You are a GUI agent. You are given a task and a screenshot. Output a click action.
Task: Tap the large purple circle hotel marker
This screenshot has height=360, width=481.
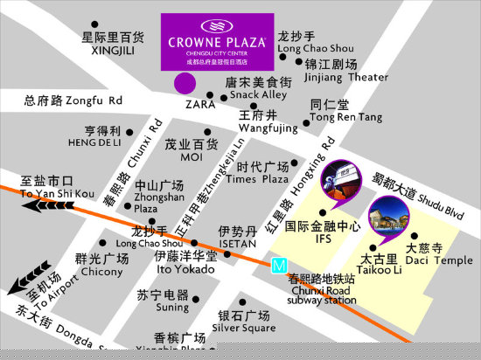pos(184,84)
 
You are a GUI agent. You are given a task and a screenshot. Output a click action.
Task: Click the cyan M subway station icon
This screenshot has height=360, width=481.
pos(280,264)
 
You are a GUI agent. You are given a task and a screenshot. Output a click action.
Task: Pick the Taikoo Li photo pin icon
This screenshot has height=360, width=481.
pos(387,218)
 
